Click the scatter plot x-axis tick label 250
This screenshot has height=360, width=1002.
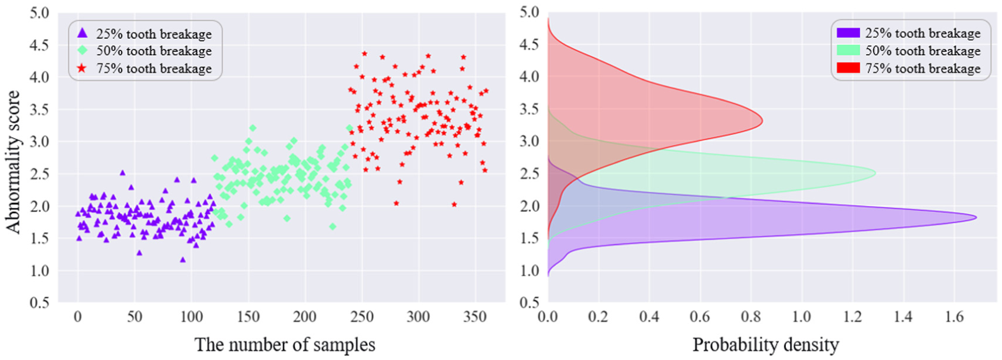361,317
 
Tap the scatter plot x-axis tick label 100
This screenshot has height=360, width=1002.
191,317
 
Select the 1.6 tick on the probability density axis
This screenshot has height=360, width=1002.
954,317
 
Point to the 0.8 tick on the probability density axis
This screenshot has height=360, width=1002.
751,317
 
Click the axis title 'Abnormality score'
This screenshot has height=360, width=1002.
13,162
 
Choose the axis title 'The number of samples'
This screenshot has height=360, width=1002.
285,345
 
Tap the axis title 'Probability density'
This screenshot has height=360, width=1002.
765,345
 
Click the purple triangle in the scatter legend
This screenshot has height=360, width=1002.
83,33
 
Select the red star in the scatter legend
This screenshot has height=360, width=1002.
83,68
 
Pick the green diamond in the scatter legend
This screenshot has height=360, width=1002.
83,50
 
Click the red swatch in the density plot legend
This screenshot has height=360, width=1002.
848,68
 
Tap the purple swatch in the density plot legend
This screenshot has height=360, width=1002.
848,33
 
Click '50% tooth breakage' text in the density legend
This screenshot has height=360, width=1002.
922,51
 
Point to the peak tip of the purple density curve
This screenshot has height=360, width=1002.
976,218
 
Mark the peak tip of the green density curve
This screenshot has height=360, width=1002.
875,173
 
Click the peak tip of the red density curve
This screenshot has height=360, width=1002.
762,121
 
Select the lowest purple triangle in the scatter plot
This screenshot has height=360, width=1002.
183,259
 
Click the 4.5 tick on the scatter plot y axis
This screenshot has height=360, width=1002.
40,44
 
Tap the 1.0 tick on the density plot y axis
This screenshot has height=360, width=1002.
529,270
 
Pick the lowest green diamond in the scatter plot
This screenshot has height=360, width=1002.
333,226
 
